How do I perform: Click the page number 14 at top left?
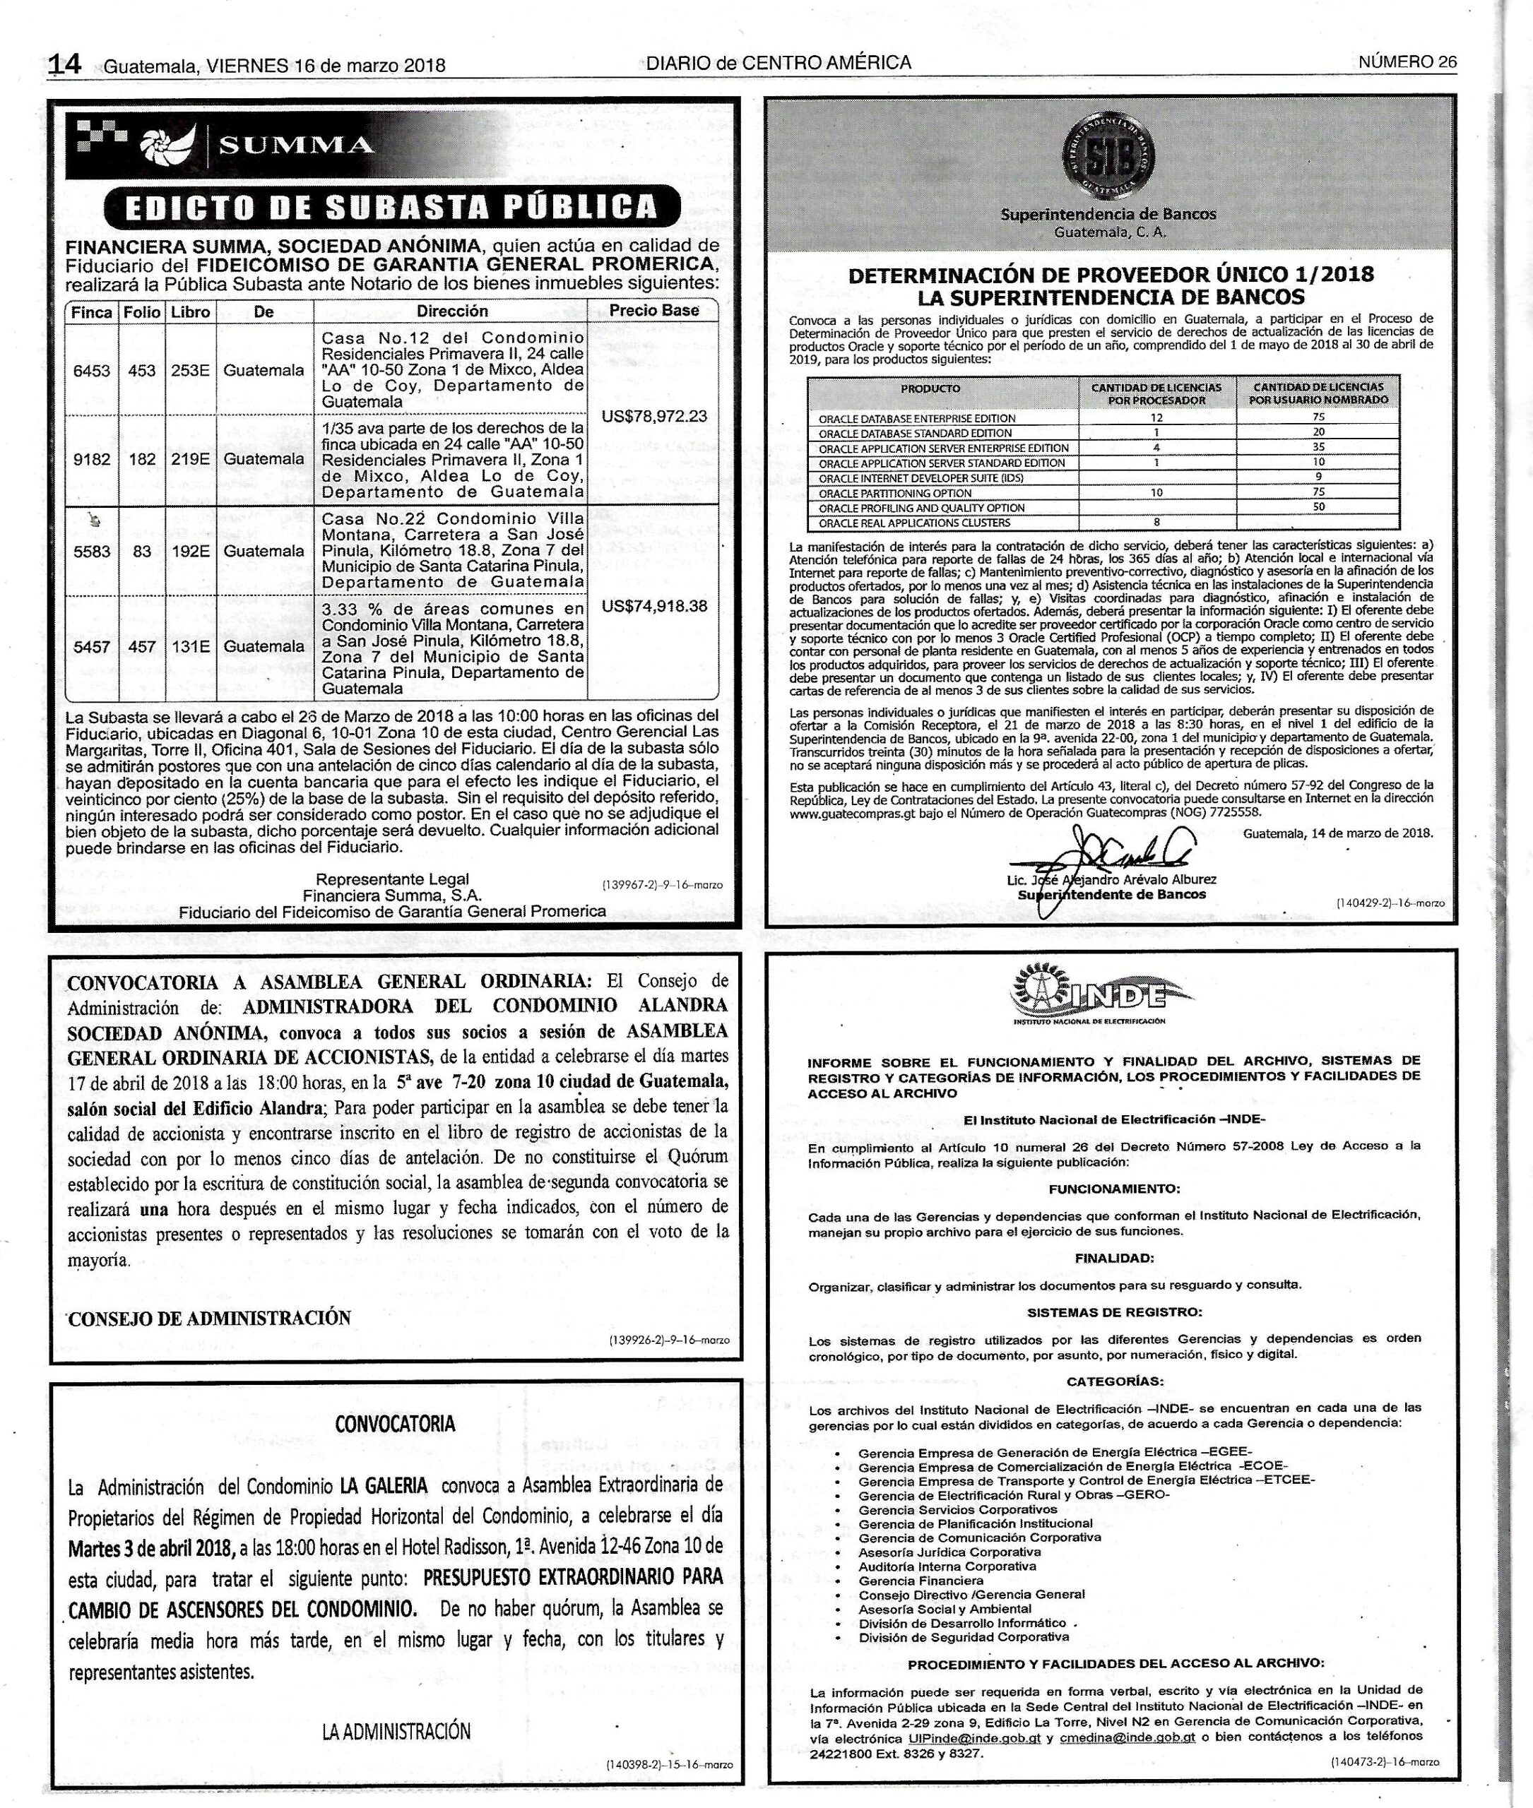tap(64, 64)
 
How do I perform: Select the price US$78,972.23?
tap(653, 416)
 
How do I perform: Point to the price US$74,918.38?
tap(653, 605)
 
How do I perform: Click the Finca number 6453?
tap(91, 370)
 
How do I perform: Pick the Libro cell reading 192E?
tap(190, 551)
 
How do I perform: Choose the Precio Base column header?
tap(653, 310)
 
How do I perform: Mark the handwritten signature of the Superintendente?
tap(1121, 846)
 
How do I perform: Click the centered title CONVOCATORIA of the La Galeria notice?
tap(396, 1424)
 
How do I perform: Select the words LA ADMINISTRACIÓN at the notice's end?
tap(396, 1706)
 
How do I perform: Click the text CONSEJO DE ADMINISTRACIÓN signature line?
tap(209, 1318)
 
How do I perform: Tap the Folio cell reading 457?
tap(142, 646)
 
